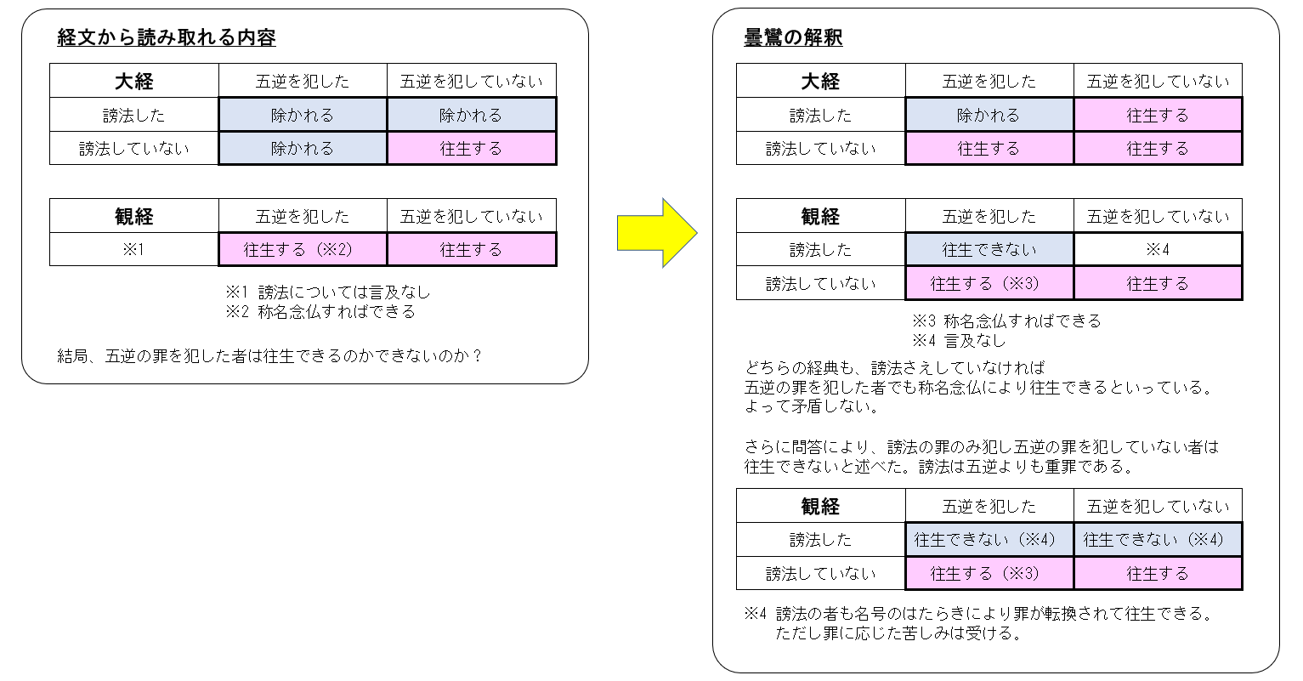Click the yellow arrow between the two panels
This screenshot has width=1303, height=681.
(657, 233)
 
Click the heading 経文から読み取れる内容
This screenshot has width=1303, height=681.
(167, 37)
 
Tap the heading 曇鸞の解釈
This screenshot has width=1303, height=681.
(793, 37)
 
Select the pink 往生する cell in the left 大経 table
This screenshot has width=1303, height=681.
(471, 149)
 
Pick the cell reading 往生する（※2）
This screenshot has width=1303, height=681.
(303, 250)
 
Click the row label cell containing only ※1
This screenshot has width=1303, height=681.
(133, 250)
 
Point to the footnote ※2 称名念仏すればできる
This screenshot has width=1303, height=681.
(320, 312)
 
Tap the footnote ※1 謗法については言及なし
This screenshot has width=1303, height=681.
(328, 292)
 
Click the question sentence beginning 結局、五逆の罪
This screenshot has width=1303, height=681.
(270, 355)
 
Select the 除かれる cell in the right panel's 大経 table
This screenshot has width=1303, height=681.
(989, 115)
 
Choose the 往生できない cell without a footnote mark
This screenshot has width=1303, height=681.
(989, 250)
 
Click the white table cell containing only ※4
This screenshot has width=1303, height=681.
(1158, 250)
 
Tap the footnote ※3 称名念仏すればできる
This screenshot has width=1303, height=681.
(1006, 321)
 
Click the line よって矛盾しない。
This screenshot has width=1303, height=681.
(813, 406)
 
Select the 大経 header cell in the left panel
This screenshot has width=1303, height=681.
(133, 80)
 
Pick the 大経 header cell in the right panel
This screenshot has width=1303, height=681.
(820, 80)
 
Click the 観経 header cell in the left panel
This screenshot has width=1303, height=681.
(133, 216)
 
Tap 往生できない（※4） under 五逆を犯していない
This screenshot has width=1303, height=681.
(1158, 540)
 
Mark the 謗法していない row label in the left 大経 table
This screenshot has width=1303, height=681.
(133, 149)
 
